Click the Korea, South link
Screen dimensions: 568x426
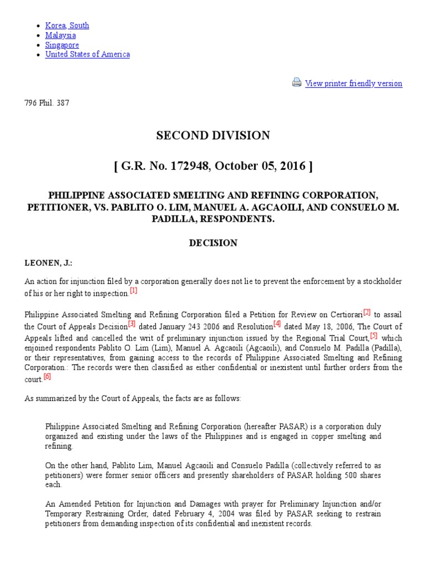[x=67, y=26]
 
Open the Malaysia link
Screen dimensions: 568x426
[x=60, y=35]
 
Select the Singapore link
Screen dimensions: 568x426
[x=62, y=45]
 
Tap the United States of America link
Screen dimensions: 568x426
[x=88, y=54]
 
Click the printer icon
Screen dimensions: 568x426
[x=297, y=83]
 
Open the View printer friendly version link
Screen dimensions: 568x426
[x=353, y=84]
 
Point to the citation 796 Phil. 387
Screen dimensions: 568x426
[x=47, y=103]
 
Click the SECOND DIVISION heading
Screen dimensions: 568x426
[x=213, y=135]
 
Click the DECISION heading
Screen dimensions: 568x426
[x=213, y=243]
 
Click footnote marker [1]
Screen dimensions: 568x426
[x=134, y=290]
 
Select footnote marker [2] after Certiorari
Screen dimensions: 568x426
[x=367, y=312]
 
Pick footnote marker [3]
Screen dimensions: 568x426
[x=131, y=323]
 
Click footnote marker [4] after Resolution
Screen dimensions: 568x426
[x=277, y=323]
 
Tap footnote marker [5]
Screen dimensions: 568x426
[x=374, y=335]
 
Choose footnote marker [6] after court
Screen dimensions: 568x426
[x=47, y=377]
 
